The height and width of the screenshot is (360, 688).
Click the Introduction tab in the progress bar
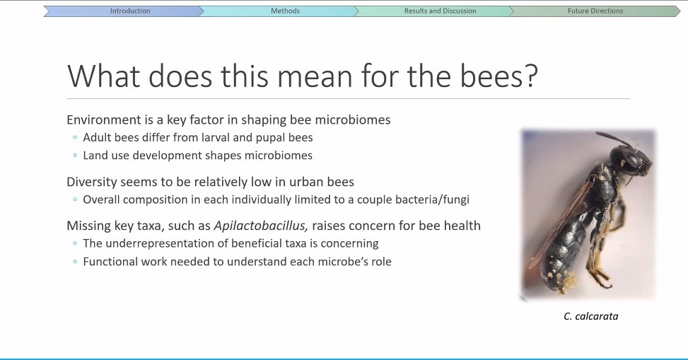[x=130, y=11]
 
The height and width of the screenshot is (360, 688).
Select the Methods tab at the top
[x=285, y=11]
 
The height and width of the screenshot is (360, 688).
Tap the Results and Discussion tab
[x=440, y=11]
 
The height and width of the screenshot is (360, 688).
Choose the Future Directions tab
[x=595, y=11]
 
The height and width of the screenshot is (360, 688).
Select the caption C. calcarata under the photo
[x=590, y=316]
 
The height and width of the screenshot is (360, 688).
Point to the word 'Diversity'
[x=91, y=182]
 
